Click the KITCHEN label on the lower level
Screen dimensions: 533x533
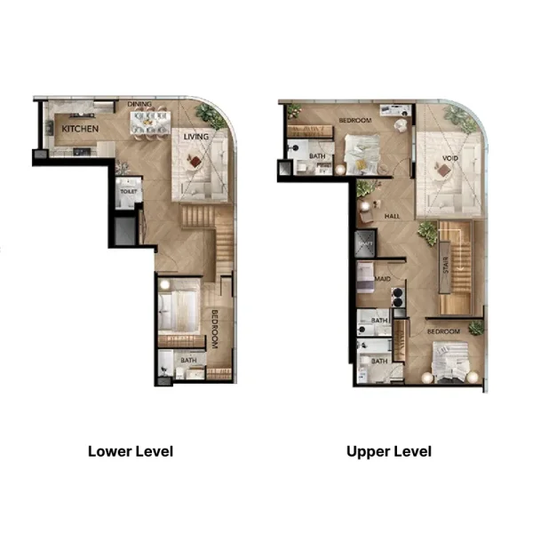coord(79,129)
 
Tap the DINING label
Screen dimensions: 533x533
coord(139,104)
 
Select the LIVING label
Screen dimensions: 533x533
coord(196,138)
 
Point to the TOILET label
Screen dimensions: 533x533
coord(128,190)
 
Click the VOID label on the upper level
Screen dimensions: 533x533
coord(449,161)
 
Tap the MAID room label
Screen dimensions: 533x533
coord(383,279)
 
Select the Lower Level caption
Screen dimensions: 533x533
coord(131,451)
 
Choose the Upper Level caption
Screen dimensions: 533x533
coord(389,451)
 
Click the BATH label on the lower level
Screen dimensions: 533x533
coord(188,360)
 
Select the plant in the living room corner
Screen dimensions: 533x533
coord(212,114)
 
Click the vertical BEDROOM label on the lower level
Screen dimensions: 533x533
coord(215,328)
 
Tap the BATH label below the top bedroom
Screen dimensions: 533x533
coord(317,156)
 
